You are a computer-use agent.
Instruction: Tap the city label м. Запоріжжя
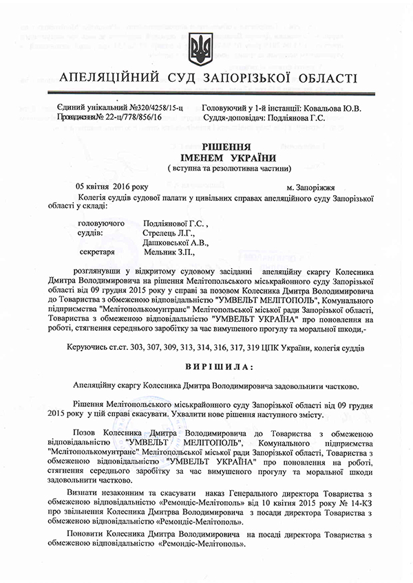pyautogui.click(x=310, y=186)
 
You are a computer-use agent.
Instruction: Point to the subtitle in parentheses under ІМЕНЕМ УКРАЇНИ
pyautogui.click(x=209, y=168)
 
